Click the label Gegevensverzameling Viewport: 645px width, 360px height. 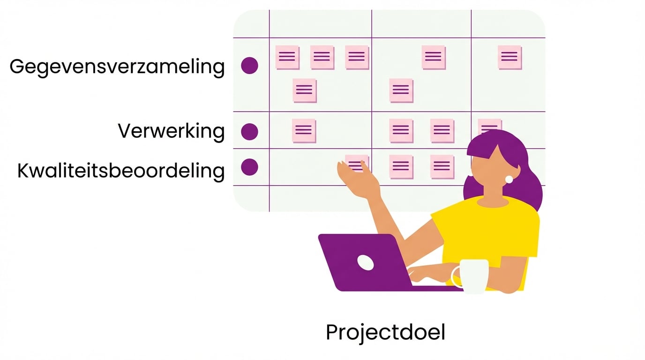click(x=117, y=67)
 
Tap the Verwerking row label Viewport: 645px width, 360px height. click(x=171, y=131)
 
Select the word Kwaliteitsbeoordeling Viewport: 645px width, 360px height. click(x=121, y=171)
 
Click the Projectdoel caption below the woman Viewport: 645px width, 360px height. click(x=385, y=332)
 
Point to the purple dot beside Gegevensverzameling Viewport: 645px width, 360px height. click(x=249, y=66)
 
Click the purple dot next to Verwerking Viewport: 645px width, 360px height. click(x=249, y=132)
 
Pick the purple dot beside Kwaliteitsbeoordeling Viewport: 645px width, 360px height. click(x=249, y=167)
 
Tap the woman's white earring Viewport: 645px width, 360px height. click(x=509, y=179)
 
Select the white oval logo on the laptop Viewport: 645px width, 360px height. click(x=366, y=262)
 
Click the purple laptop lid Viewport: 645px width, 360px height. click(x=361, y=262)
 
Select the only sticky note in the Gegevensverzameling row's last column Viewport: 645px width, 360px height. click(x=510, y=57)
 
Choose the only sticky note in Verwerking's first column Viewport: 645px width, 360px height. click(x=304, y=131)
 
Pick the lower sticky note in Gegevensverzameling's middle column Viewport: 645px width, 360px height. click(x=401, y=90)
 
